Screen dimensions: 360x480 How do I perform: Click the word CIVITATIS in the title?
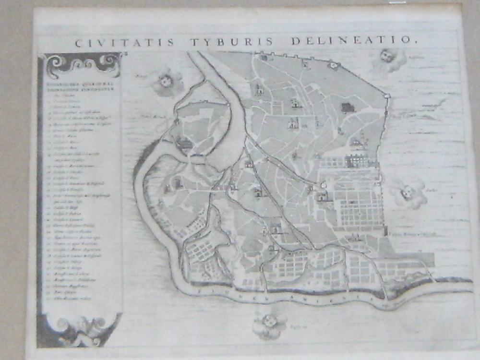click(x=124, y=42)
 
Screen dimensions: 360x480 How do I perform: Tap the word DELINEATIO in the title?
click(x=350, y=40)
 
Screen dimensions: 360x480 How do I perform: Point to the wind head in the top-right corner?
click(x=387, y=59)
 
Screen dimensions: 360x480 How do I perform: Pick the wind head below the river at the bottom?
click(x=269, y=325)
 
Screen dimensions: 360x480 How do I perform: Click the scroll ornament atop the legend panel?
click(x=81, y=63)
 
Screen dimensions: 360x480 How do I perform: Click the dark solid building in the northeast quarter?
click(x=348, y=108)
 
